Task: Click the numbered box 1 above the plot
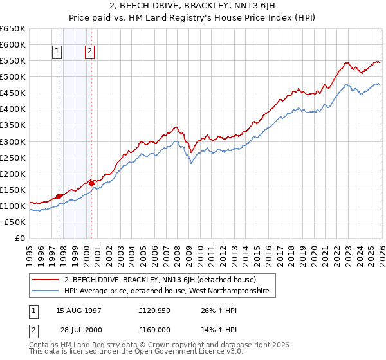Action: [x=58, y=52]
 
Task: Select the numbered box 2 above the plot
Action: [x=89, y=52]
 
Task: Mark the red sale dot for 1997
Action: [x=59, y=196]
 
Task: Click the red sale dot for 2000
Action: [x=92, y=183]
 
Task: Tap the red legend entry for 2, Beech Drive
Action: [x=160, y=280]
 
